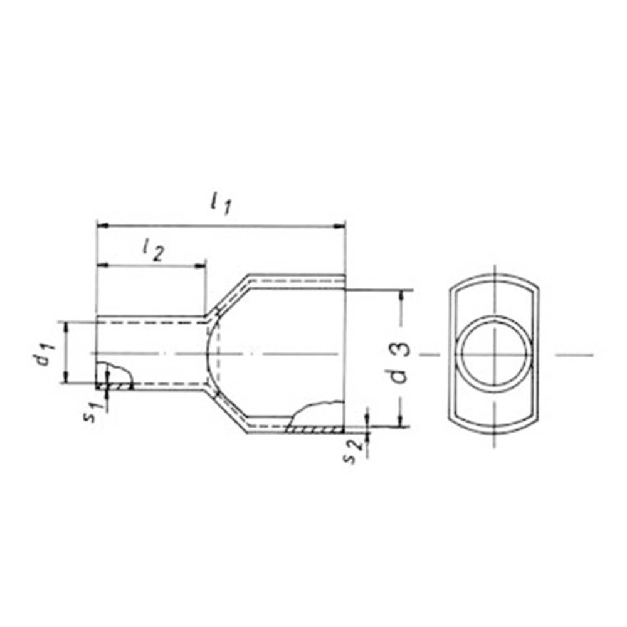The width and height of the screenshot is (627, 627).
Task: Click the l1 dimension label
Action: click(x=221, y=204)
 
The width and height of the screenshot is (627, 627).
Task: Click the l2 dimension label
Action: click(x=152, y=250)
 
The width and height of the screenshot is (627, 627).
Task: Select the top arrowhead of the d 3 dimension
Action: click(x=402, y=294)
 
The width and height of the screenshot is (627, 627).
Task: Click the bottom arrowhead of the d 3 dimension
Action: click(x=402, y=423)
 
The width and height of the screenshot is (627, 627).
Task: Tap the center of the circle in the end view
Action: click(x=495, y=355)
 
